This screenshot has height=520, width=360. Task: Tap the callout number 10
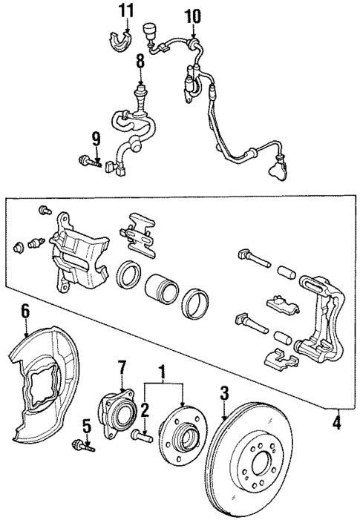pyautogui.click(x=192, y=16)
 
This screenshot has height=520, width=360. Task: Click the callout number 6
pyautogui.click(x=24, y=311)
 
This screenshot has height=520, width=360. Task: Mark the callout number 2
pyautogui.click(x=145, y=409)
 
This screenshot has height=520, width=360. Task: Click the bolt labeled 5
pyautogui.click(x=82, y=445)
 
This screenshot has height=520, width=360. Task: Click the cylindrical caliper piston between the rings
pyautogui.click(x=161, y=289)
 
